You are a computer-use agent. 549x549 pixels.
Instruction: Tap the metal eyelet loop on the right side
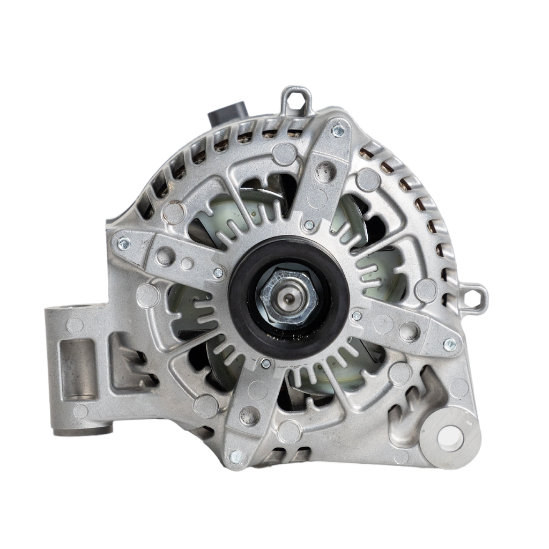point(475,295)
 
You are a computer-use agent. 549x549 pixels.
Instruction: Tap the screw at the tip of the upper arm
point(338,130)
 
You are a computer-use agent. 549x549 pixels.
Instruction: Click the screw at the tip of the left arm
point(123,243)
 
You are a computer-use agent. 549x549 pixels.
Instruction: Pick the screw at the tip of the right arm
point(450,344)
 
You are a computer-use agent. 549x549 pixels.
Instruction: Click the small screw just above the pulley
point(309,225)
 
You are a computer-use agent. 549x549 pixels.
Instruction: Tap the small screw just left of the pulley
point(218,273)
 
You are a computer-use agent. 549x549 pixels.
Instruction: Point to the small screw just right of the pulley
point(356,316)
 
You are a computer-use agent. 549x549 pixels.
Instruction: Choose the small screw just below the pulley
point(266,363)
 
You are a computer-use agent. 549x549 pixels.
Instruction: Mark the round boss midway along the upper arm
point(325,172)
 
